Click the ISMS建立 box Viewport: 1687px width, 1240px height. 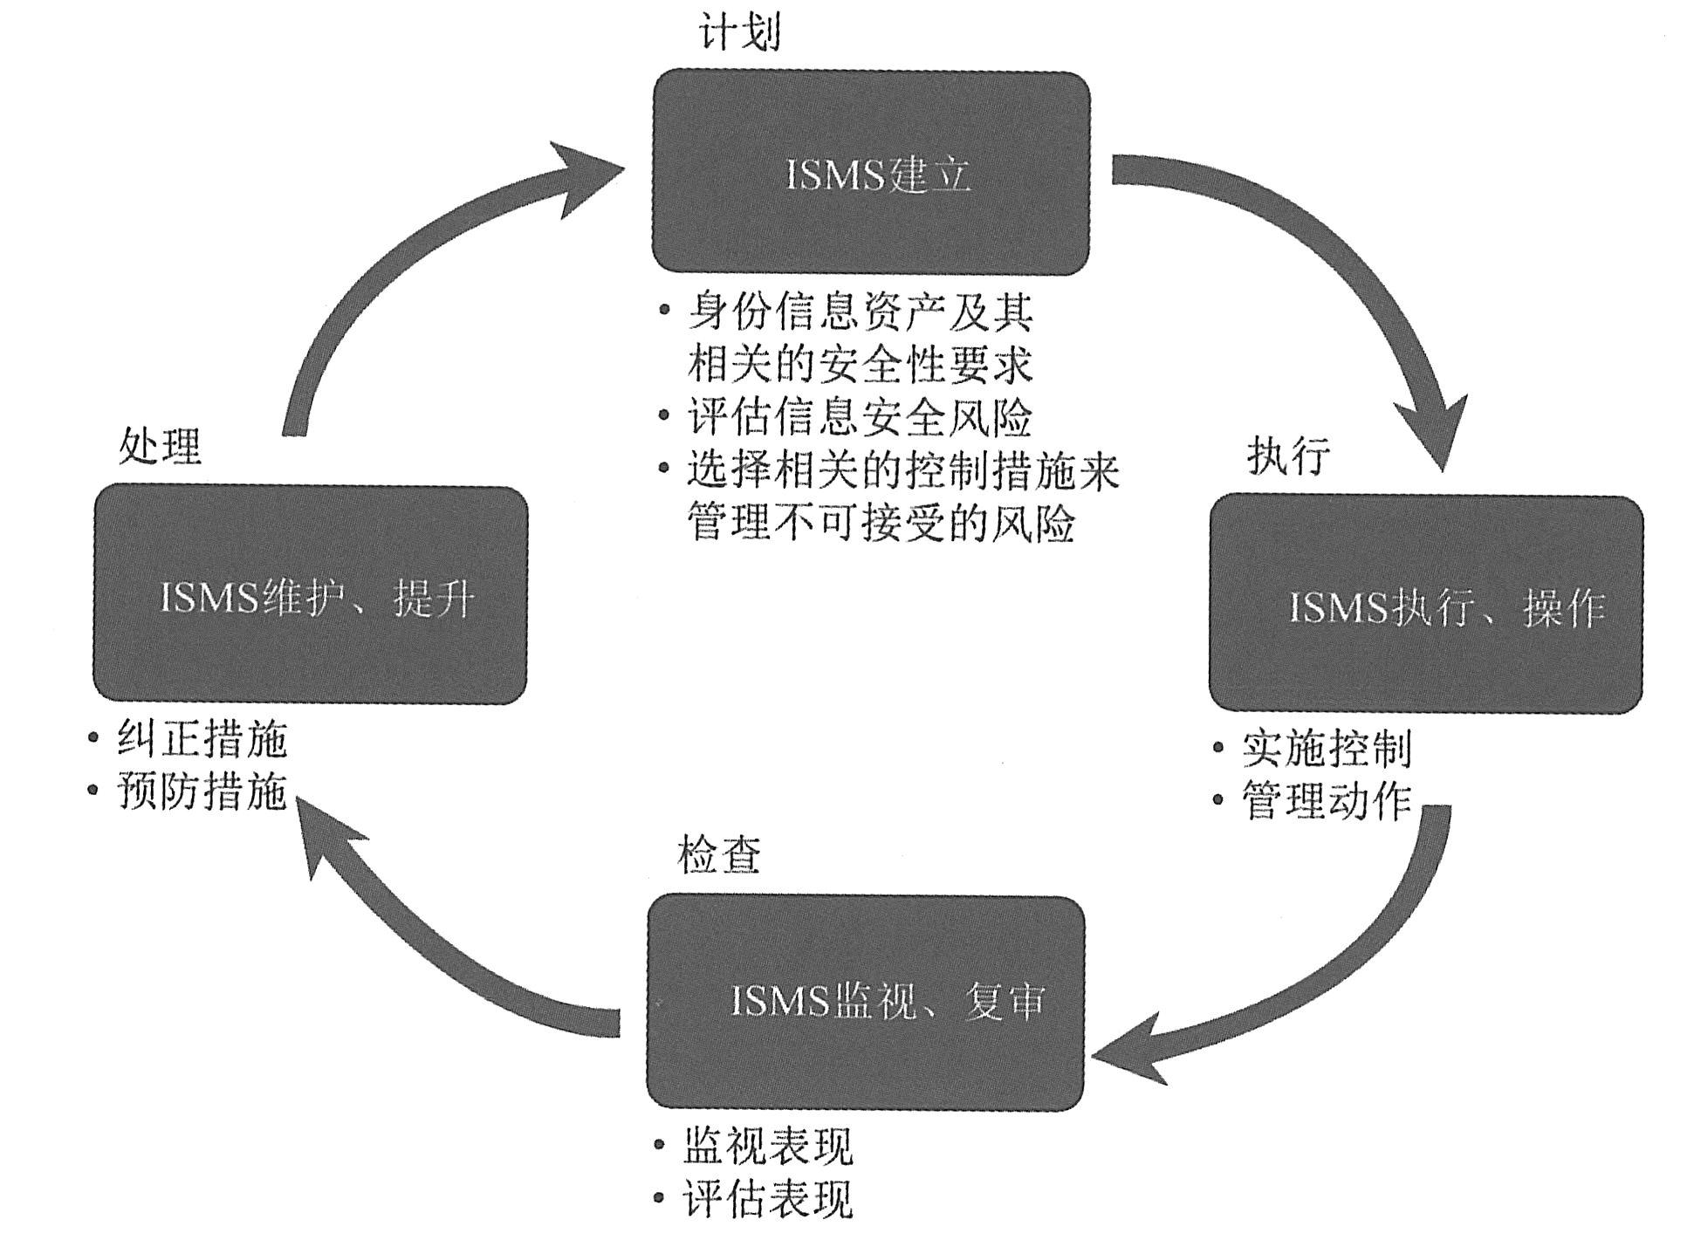[x=871, y=173]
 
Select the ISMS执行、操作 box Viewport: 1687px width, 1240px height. [x=1425, y=604]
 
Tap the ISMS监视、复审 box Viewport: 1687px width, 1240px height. [x=865, y=1001]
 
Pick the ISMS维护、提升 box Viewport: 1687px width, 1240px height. [x=310, y=595]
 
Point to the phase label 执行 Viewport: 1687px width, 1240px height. [x=1287, y=455]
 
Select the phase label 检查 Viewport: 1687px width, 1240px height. [x=718, y=854]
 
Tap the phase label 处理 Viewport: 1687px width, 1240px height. [x=160, y=447]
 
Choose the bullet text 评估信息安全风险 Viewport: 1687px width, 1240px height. [x=859, y=418]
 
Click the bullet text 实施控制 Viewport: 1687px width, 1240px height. [x=1326, y=748]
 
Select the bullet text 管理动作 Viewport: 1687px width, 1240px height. [x=1326, y=801]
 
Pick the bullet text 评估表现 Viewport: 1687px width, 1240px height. [x=767, y=1199]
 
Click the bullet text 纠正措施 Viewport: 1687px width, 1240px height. [x=202, y=739]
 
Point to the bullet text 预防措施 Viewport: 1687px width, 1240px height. [x=202, y=791]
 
